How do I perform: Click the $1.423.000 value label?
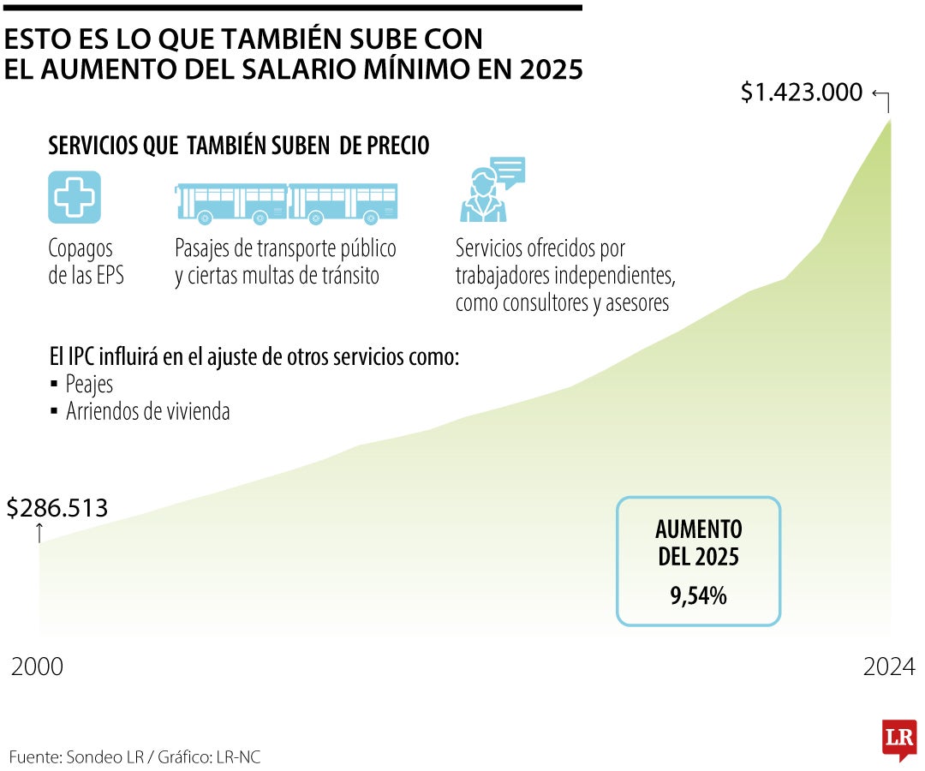tap(801, 93)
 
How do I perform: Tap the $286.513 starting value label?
tap(57, 508)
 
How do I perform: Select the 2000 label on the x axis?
tap(37, 666)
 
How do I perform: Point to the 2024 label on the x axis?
tap(889, 666)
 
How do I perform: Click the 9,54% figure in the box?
tap(698, 595)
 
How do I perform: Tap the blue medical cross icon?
tap(75, 197)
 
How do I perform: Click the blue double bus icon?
tap(286, 204)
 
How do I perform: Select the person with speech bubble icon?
tap(491, 190)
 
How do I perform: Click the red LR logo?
tap(899, 738)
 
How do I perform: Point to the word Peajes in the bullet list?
tap(89, 385)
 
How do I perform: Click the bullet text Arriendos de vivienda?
tap(147, 411)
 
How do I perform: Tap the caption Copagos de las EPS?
tap(86, 262)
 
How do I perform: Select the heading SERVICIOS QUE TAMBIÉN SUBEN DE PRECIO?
tap(239, 146)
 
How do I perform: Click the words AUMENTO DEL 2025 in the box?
tap(698, 542)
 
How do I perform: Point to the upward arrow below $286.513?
tap(39, 532)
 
